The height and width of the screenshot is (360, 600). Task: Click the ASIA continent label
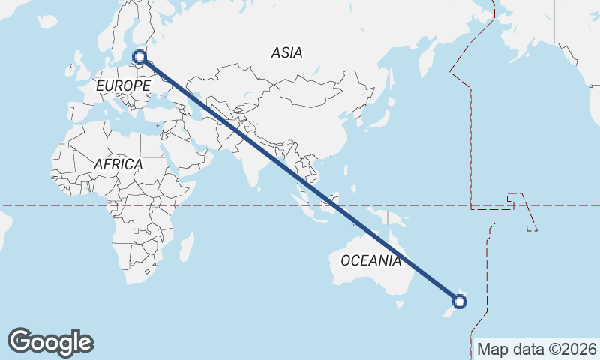coord(287,52)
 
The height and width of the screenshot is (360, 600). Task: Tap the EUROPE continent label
coord(123,86)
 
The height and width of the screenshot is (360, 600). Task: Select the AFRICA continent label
coord(118,163)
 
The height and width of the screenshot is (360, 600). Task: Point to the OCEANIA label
coord(370,261)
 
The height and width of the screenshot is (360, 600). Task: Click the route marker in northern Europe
coord(139,56)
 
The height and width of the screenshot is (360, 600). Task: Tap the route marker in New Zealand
coord(460,301)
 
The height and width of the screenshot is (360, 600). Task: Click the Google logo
coord(50,342)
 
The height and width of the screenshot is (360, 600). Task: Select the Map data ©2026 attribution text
coord(537,349)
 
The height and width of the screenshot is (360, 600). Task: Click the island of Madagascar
coord(186,247)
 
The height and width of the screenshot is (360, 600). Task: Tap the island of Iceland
coord(47,22)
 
